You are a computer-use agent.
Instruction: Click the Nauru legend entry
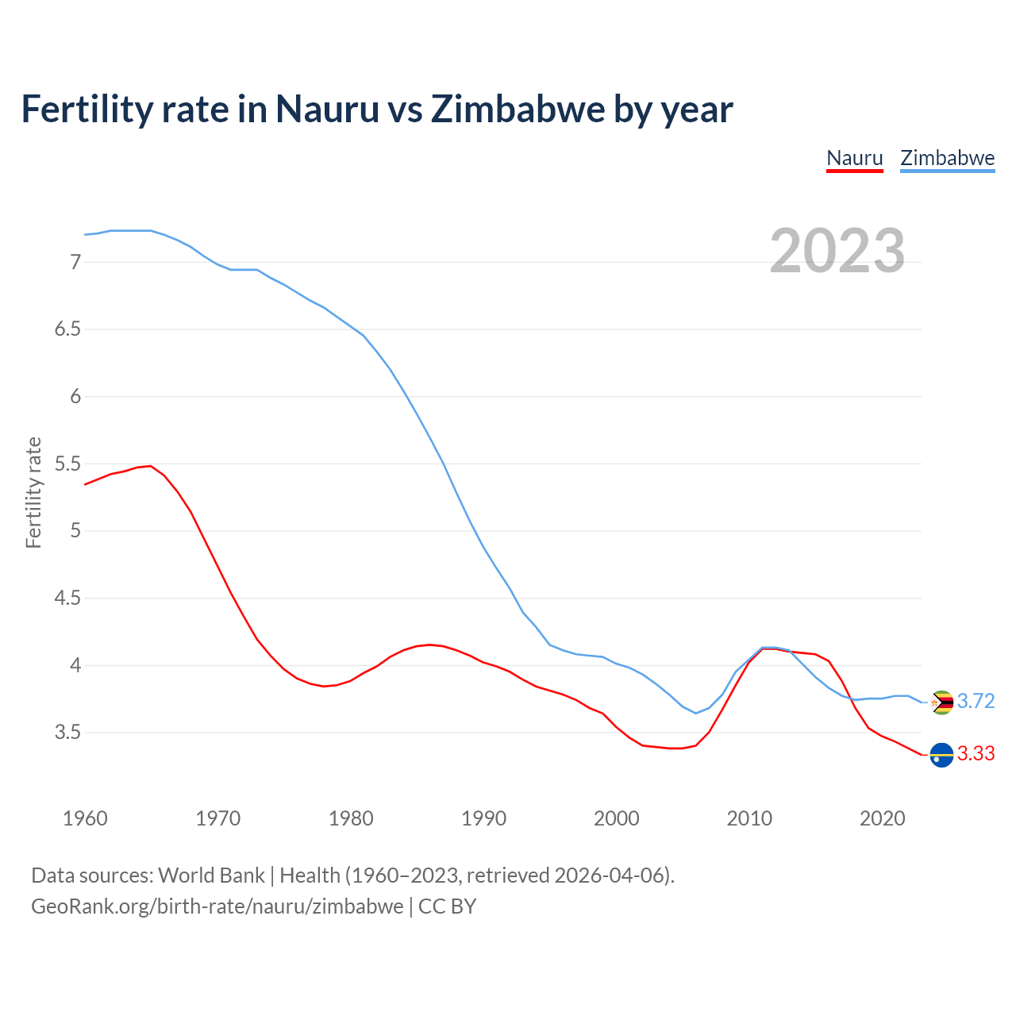click(x=854, y=158)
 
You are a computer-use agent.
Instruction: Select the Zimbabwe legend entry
click(x=947, y=158)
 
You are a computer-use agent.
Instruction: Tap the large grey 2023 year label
click(x=837, y=251)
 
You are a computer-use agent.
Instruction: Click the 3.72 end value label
click(x=976, y=701)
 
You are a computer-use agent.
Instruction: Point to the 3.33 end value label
click(x=976, y=753)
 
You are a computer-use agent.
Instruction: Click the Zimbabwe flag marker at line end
click(x=941, y=702)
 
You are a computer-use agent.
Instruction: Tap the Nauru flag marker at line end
click(x=941, y=754)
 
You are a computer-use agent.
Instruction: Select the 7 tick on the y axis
click(x=75, y=262)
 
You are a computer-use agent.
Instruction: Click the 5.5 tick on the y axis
click(x=67, y=464)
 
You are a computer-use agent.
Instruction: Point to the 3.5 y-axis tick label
click(x=67, y=732)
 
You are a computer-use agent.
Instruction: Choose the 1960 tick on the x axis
click(x=85, y=818)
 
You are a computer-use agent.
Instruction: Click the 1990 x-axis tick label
click(x=483, y=818)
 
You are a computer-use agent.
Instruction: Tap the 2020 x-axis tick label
click(x=882, y=818)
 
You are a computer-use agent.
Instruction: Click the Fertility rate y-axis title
click(x=33, y=492)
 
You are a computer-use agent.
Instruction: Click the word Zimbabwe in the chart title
click(x=518, y=110)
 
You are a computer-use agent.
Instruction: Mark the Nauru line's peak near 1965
click(x=151, y=466)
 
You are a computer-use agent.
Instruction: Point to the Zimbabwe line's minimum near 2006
click(x=696, y=713)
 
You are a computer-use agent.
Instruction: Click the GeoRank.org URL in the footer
click(x=217, y=906)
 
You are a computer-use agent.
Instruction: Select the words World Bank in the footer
click(x=211, y=876)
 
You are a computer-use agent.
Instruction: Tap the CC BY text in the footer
click(x=447, y=906)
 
